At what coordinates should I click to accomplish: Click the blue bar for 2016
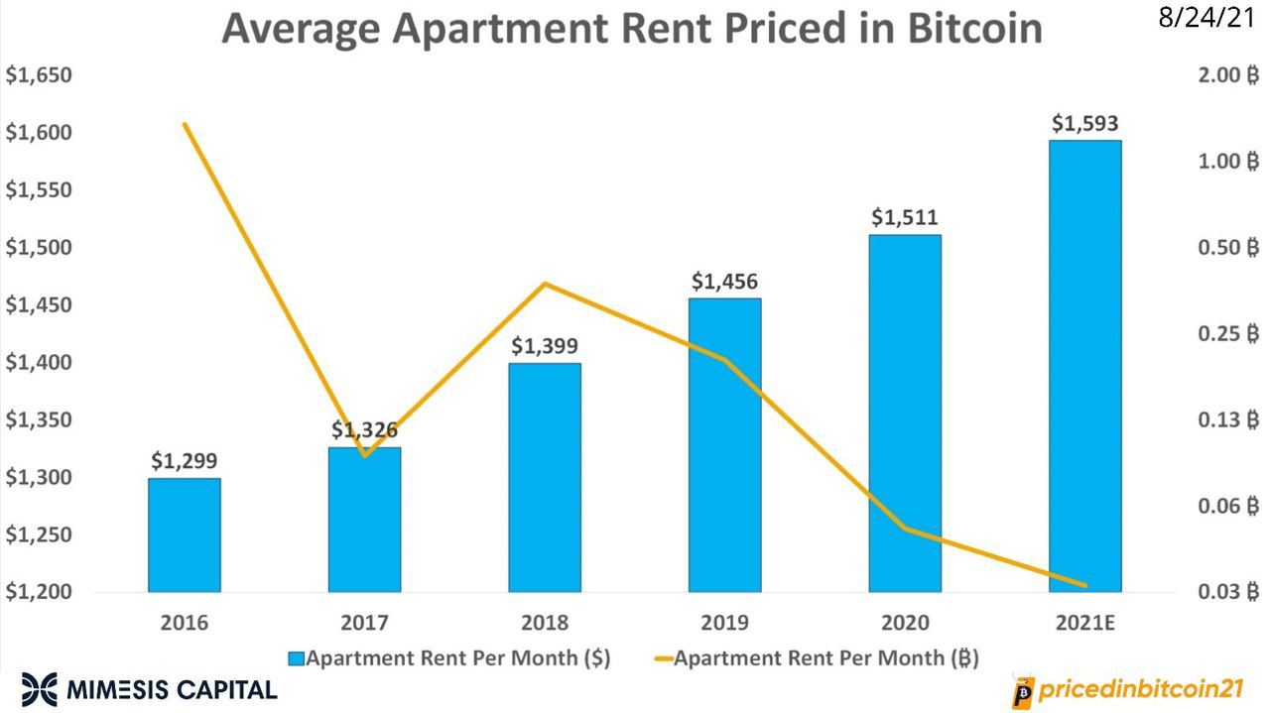184,535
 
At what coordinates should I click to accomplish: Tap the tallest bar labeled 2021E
1085,367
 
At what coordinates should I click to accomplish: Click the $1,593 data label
1085,124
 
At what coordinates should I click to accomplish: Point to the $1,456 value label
724,282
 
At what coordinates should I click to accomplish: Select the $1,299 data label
184,461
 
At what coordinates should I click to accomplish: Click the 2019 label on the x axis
724,624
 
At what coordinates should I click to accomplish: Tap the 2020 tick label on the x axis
905,624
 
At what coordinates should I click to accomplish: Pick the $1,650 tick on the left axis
39,76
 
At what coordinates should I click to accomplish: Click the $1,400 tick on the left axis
39,364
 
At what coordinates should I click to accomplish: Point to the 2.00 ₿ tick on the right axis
1221,76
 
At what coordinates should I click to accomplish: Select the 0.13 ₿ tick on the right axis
1221,420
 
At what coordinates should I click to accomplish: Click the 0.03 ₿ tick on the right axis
1221,593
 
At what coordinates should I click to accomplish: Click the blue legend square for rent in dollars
297,658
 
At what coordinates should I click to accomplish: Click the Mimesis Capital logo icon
40,687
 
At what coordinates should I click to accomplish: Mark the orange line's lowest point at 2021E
1085,585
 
